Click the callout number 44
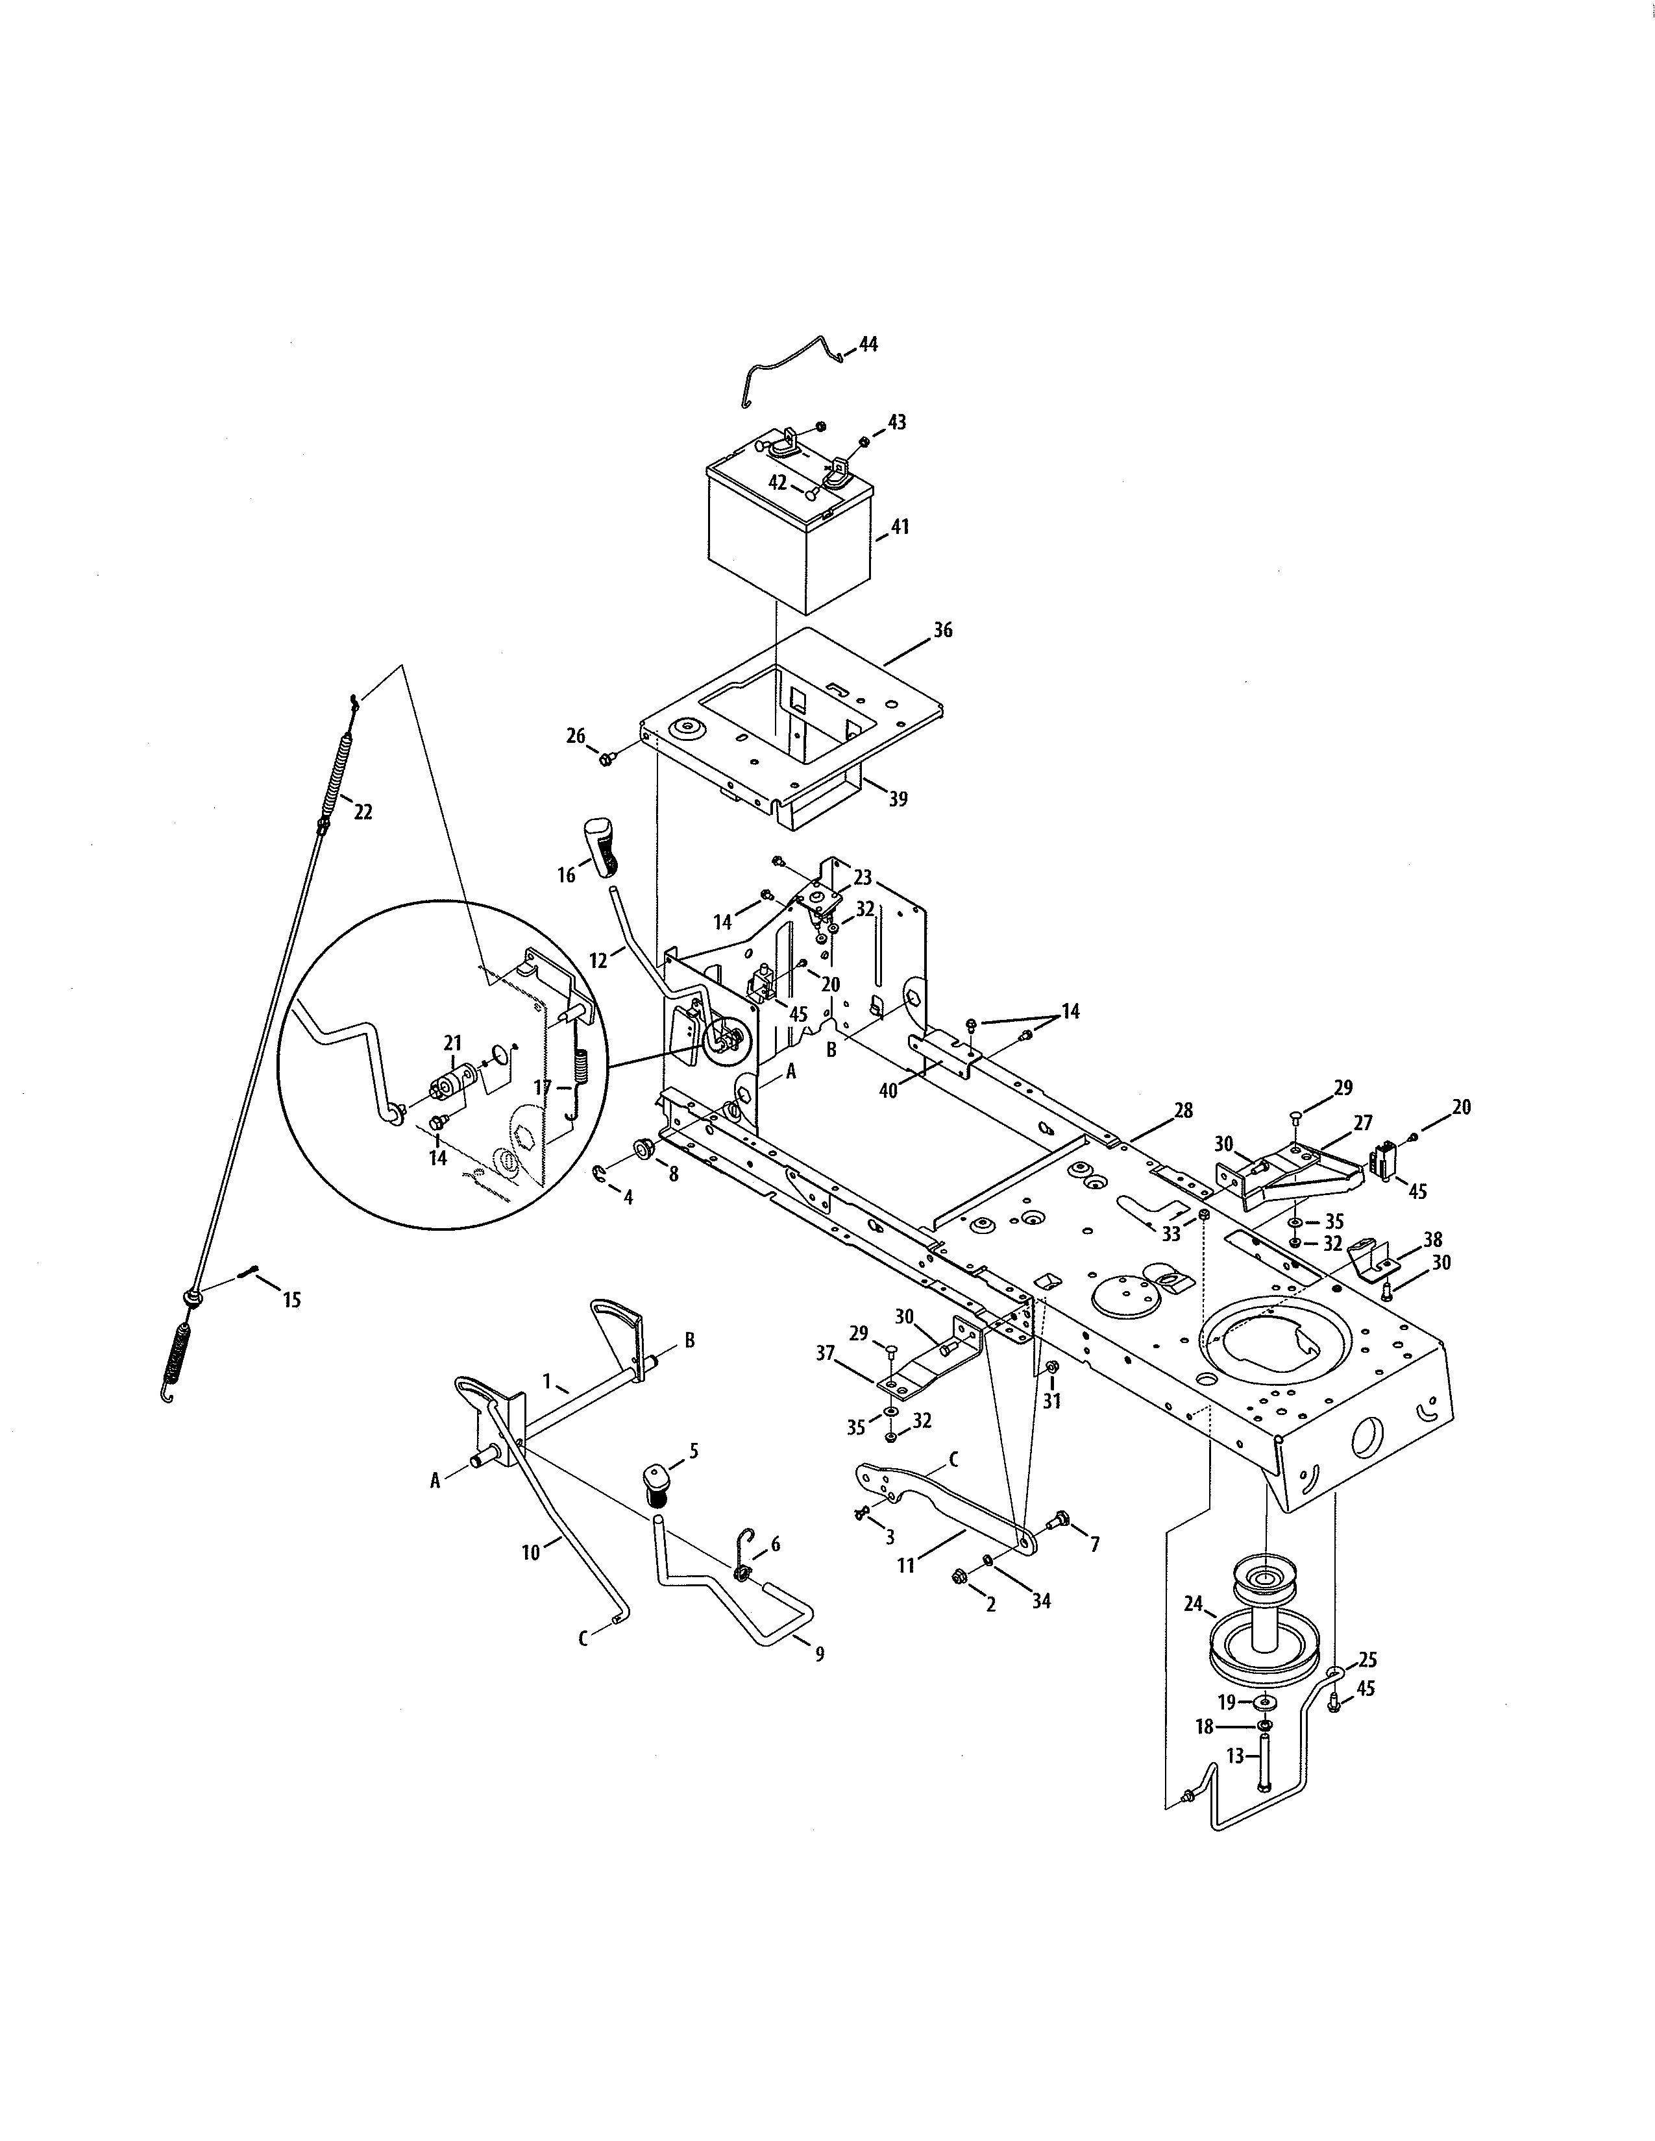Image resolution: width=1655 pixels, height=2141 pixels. pyautogui.click(x=868, y=344)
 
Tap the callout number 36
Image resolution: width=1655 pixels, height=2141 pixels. pyautogui.click(x=942, y=631)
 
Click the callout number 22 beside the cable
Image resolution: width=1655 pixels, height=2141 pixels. pyautogui.click(x=363, y=812)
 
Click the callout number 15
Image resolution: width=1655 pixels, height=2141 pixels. pyautogui.click(x=291, y=1300)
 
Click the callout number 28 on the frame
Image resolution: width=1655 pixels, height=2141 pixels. pyautogui.click(x=1183, y=1111)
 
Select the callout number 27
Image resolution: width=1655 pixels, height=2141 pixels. pyautogui.click(x=1363, y=1122)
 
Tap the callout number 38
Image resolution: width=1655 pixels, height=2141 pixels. pyautogui.click(x=1432, y=1239)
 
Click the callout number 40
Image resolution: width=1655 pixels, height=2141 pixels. pyautogui.click(x=889, y=1089)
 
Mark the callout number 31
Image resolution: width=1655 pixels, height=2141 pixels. pyautogui.click(x=1052, y=1402)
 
